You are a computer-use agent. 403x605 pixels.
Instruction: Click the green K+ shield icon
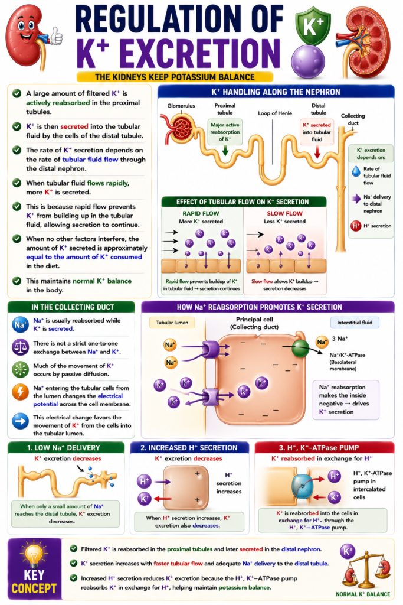313,26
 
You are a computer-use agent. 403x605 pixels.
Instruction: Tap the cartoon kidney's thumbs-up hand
56,36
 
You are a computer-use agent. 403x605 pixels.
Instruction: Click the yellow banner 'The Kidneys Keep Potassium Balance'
175,77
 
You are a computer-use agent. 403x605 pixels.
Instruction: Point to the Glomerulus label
181,106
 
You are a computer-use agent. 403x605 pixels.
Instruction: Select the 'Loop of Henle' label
275,113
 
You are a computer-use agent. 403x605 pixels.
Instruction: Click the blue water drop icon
356,171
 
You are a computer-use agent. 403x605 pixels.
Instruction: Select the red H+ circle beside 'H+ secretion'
356,226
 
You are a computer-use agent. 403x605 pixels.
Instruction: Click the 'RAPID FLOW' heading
201,213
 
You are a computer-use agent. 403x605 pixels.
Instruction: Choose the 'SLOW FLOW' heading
285,213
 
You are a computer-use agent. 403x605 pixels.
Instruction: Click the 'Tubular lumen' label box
172,323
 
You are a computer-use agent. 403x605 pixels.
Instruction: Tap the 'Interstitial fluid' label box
355,323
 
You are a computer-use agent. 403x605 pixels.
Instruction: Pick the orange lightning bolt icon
21,392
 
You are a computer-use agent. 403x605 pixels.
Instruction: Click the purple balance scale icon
21,347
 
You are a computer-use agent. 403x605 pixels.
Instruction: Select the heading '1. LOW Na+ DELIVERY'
63,448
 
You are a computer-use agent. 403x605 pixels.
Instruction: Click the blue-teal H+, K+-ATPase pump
303,487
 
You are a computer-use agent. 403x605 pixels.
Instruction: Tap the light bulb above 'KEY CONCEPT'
34,553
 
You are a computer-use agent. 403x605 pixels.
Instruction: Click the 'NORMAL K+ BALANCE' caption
363,594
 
